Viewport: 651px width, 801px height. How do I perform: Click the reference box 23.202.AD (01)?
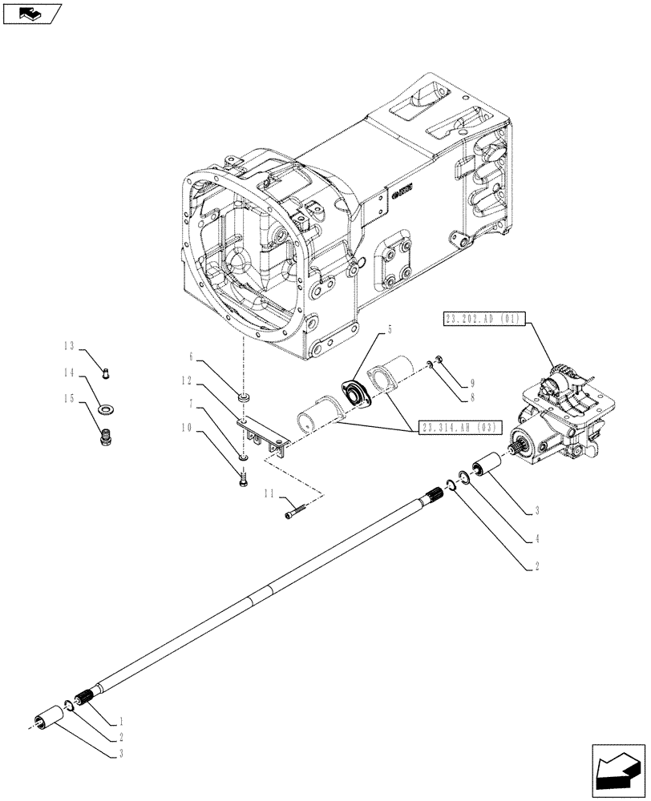(482, 320)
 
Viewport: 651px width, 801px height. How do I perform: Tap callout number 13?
(71, 346)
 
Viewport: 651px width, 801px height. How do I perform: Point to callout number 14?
(71, 372)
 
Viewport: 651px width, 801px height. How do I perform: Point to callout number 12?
(187, 380)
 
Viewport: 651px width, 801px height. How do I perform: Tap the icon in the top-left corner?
(31, 13)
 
